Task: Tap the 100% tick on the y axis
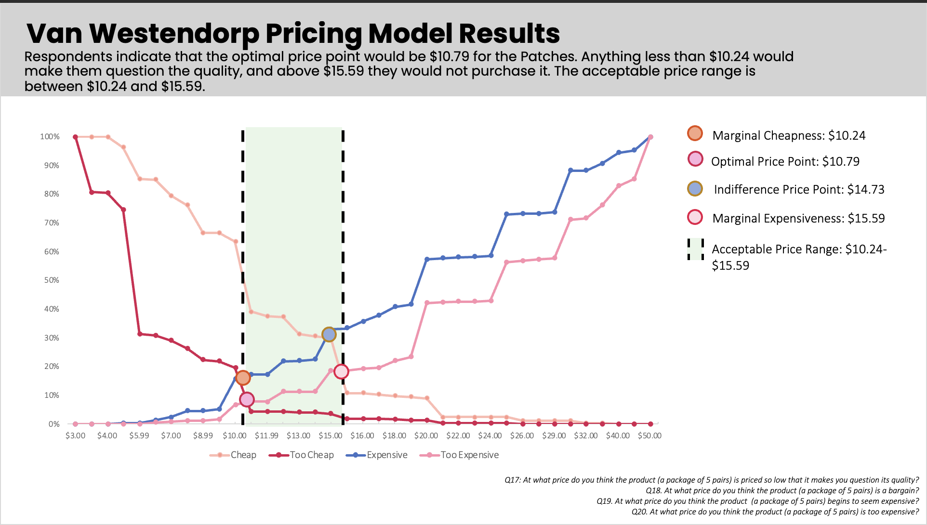[50, 137]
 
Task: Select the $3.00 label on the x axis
[75, 436]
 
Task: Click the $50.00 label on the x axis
[649, 436]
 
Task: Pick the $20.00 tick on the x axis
[426, 436]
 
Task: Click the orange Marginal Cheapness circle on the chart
[243, 378]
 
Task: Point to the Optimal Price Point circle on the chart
[247, 399]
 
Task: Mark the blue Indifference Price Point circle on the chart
[329, 334]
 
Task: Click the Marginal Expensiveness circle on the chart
[341, 371]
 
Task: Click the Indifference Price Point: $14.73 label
[799, 189]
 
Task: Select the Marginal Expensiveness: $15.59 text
[798, 218]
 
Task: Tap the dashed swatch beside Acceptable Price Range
[695, 249]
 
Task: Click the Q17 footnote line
[711, 480]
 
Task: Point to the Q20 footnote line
[775, 512]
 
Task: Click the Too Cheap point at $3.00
[75, 137]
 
